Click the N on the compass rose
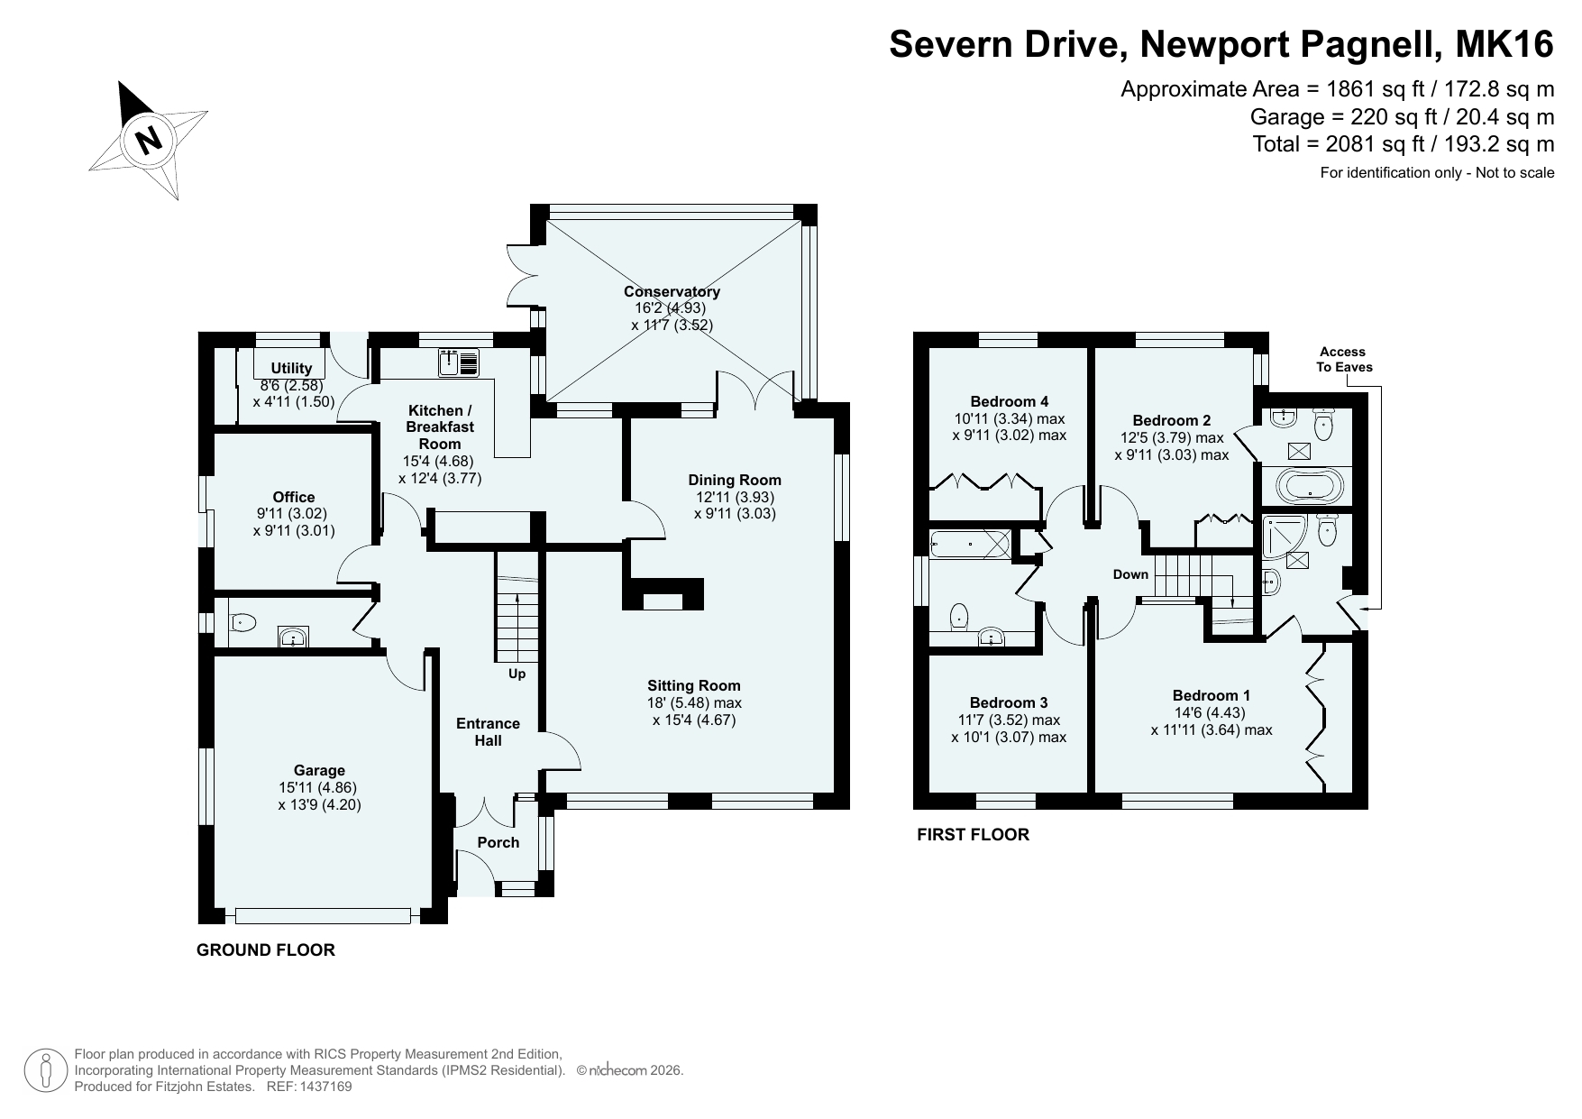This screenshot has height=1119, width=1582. click(x=149, y=140)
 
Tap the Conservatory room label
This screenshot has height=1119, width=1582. click(x=672, y=291)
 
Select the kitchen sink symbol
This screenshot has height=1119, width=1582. click(x=461, y=362)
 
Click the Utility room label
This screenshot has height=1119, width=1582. click(x=291, y=368)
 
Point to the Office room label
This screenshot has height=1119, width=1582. click(x=294, y=497)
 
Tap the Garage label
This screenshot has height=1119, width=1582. click(x=319, y=770)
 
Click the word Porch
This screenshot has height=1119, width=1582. click(x=498, y=842)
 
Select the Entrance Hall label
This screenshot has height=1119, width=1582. click(x=489, y=731)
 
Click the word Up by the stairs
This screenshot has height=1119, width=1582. click(x=517, y=674)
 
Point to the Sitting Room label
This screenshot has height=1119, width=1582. click(x=694, y=685)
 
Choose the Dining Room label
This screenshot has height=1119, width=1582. click(x=735, y=480)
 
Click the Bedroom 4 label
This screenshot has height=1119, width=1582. click(x=1010, y=401)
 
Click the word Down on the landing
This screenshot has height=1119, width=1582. click(x=1130, y=574)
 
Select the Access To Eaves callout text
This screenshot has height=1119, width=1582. click(x=1343, y=359)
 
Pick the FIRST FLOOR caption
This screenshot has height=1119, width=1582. click(x=973, y=834)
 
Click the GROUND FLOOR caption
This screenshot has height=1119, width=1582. click(x=266, y=949)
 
